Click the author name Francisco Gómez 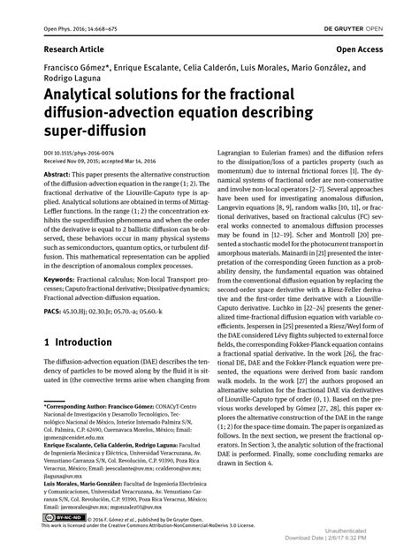[73, 68]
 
